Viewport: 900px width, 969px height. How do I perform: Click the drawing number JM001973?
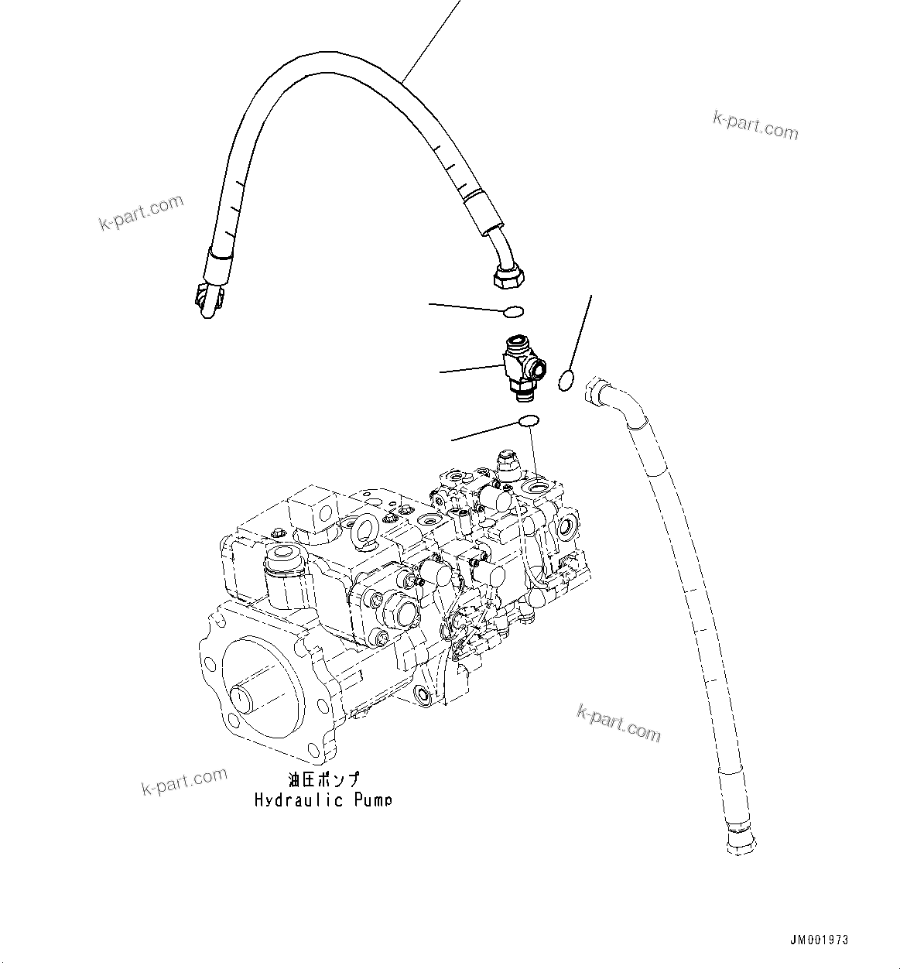click(819, 940)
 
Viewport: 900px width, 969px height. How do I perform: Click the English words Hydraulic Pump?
click(323, 800)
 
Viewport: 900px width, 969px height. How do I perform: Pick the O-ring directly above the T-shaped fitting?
click(513, 312)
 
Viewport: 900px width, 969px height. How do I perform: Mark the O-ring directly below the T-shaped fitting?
click(529, 421)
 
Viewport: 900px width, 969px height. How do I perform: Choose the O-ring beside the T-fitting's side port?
click(566, 379)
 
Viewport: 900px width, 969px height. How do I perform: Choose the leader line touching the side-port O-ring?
click(581, 333)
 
